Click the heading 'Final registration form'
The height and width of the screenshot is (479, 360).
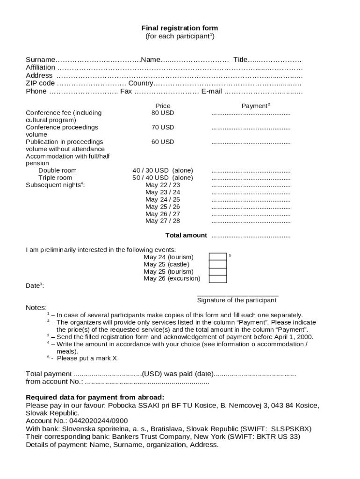(180, 28)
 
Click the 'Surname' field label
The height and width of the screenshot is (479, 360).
(40, 59)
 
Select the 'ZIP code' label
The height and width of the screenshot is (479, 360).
(40, 83)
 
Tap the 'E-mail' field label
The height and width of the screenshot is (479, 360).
(211, 91)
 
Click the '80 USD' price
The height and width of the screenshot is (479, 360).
(163, 113)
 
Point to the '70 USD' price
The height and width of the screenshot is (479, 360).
(163, 127)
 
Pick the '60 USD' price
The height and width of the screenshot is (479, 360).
(163, 142)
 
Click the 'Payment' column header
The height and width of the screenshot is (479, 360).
(255, 106)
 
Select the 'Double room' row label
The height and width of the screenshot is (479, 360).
(58, 170)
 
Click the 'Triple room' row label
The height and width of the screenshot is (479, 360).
(55, 178)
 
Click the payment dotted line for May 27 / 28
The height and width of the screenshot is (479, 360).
(251, 221)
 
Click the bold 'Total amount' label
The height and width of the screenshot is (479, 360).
(186, 235)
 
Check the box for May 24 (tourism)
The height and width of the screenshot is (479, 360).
(218, 257)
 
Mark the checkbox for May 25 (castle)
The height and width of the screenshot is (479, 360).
(218, 264)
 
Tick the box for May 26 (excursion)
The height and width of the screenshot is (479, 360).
(218, 279)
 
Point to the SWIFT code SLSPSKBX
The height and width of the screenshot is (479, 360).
(291, 429)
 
